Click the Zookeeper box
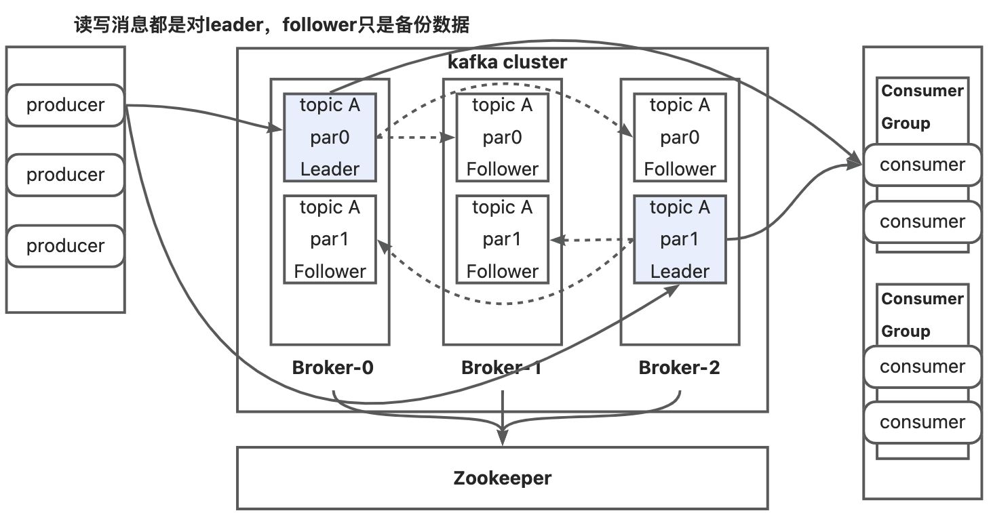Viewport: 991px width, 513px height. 502,478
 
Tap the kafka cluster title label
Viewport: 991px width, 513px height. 507,62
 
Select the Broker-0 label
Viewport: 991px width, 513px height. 332,368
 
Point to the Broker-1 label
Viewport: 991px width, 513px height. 501,368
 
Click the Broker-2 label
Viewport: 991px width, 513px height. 679,368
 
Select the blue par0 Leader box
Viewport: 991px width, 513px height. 330,138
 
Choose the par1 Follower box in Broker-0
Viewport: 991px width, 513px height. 330,239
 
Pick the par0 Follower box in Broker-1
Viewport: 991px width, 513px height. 502,138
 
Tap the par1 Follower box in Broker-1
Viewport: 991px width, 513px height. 502,239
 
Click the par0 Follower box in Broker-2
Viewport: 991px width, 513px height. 680,138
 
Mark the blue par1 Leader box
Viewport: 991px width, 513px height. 680,239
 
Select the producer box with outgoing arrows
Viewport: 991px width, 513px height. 65,105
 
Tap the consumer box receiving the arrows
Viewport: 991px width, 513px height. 922,165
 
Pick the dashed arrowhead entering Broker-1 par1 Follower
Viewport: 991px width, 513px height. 556,239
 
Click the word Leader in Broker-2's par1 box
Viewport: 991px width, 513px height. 680,271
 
